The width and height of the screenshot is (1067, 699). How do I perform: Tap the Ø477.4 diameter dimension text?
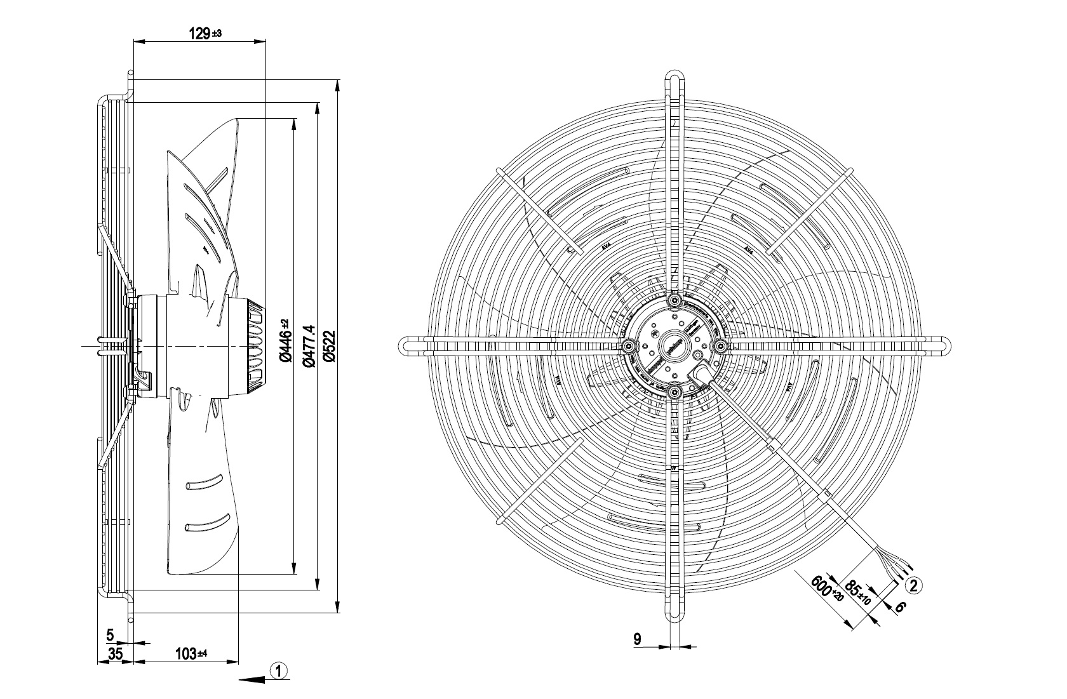[309, 345]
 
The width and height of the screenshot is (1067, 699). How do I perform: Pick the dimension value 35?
[115, 653]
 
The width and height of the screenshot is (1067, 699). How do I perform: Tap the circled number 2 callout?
[913, 585]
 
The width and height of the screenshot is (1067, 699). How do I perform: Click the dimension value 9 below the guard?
[637, 639]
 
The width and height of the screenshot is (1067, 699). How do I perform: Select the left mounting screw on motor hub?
[628, 345]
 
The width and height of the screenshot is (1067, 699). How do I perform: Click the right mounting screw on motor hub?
[721, 345]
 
